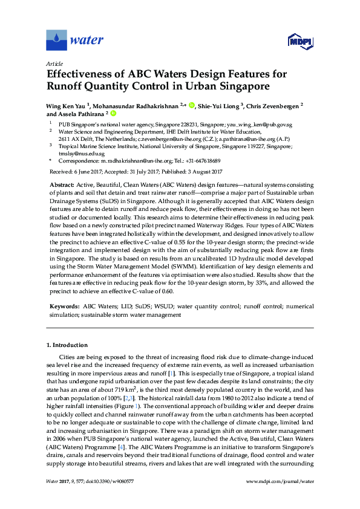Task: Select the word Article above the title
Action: pyautogui.click(x=54, y=63)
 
